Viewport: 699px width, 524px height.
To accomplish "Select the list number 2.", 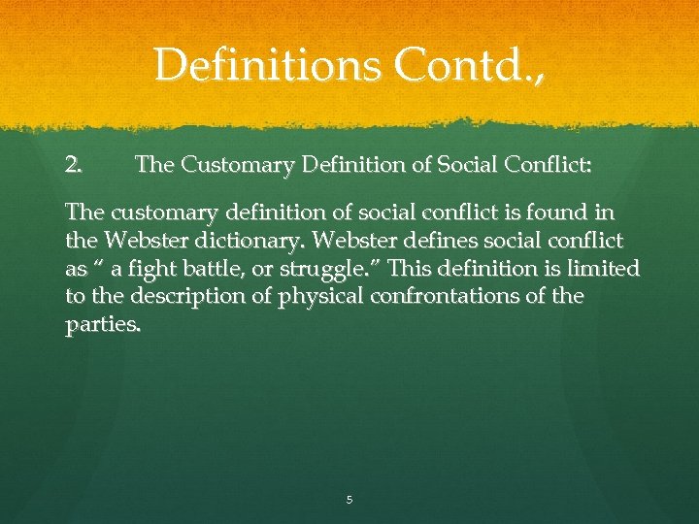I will pyautogui.click(x=74, y=166).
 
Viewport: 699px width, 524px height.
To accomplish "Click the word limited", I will pyautogui.click(x=602, y=268).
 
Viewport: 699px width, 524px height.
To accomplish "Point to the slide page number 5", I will pyautogui.click(x=349, y=501).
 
